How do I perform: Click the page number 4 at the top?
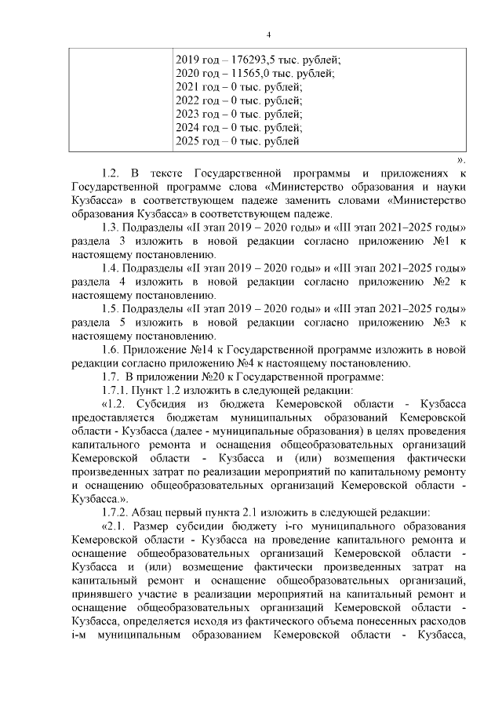[268, 35]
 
